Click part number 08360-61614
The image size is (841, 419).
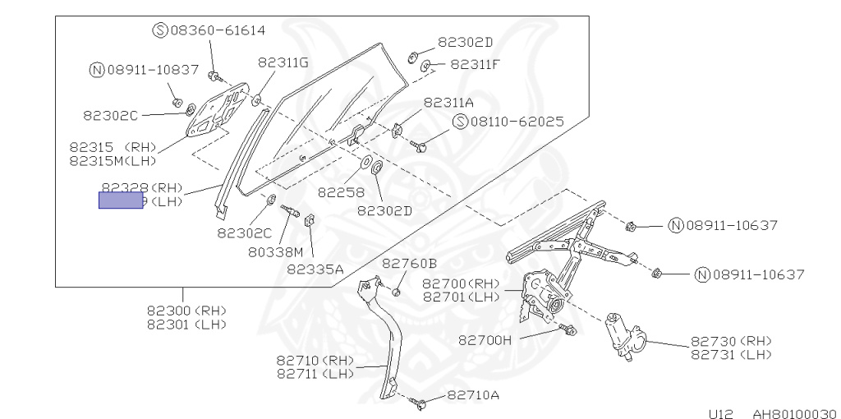pos(218,30)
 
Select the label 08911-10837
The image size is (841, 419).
pos(152,70)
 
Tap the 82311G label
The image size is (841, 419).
pos(283,62)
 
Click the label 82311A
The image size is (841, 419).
pos(448,103)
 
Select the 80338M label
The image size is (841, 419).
pos(275,251)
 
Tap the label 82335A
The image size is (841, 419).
pos(315,269)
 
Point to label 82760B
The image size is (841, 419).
pos(409,263)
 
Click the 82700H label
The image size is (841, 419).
pos(485,338)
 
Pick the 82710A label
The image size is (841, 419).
pos(473,395)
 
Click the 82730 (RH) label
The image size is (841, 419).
pos(731,341)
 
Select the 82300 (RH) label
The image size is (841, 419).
pos(186,311)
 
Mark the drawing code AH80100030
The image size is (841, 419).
pos(793,414)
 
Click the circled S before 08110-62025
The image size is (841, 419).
pos(459,122)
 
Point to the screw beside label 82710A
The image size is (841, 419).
pos(422,403)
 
